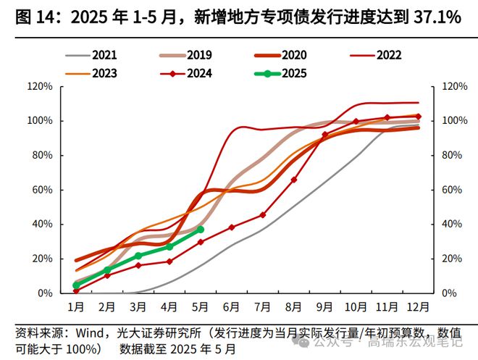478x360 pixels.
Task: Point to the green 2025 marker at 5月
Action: [x=200, y=230]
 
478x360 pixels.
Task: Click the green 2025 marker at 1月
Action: [x=76, y=285]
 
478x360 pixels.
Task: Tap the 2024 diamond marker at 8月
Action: [x=293, y=180]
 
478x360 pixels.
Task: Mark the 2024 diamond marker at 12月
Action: [x=418, y=116]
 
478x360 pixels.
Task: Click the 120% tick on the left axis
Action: [x=39, y=86]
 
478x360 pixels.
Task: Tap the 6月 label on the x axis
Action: [x=232, y=306]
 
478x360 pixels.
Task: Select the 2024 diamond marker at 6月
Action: [x=231, y=227]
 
